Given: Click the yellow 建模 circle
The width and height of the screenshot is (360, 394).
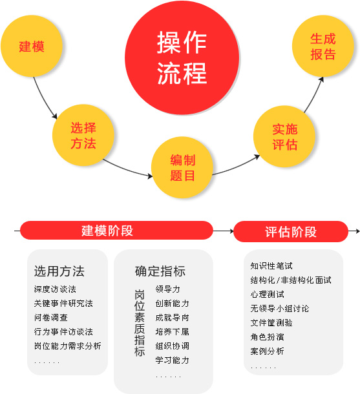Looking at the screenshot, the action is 32,46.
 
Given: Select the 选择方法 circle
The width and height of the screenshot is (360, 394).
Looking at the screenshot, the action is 83,135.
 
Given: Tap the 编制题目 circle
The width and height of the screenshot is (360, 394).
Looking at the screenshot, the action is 182,167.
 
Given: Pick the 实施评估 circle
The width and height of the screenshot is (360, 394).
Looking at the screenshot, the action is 284,136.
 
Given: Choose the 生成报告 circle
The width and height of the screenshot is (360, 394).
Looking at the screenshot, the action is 323,46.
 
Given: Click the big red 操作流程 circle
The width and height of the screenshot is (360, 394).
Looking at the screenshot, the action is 182,57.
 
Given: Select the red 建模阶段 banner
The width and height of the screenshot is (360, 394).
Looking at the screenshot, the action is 116,230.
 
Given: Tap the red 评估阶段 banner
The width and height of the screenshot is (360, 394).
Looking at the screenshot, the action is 291,231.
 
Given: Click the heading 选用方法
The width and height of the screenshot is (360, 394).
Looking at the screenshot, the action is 59,271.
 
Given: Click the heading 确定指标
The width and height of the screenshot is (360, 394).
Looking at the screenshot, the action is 160,271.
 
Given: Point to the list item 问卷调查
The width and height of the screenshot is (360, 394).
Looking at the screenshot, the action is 51,318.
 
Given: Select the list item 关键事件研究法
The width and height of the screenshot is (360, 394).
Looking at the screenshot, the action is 63,304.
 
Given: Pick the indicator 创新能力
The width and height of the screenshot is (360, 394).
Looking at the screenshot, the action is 172,304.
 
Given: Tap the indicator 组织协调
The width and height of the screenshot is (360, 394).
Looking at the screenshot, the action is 172,346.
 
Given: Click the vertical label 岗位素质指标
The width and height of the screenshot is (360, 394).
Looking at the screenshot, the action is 140,323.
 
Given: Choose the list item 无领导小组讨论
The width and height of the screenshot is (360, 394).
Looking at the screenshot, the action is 280,308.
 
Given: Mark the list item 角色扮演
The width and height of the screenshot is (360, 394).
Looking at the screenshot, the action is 267,337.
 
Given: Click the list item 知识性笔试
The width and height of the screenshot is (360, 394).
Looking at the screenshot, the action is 271,266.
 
